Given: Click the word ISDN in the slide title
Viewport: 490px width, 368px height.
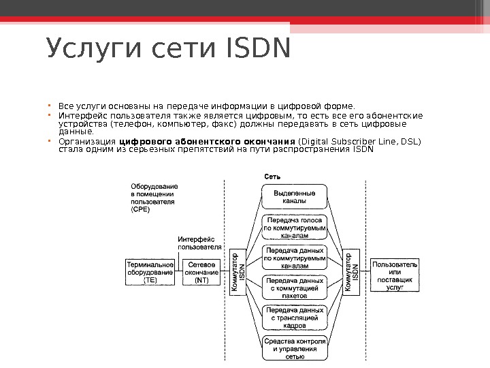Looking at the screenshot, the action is (255, 49).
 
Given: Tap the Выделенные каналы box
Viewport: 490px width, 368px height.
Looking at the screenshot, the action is (294, 198).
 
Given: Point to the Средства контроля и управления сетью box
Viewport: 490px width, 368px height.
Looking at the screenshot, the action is (294, 348).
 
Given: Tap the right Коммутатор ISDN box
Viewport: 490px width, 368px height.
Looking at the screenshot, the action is (350, 273).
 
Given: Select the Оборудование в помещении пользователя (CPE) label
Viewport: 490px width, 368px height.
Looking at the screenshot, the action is (154, 198).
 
